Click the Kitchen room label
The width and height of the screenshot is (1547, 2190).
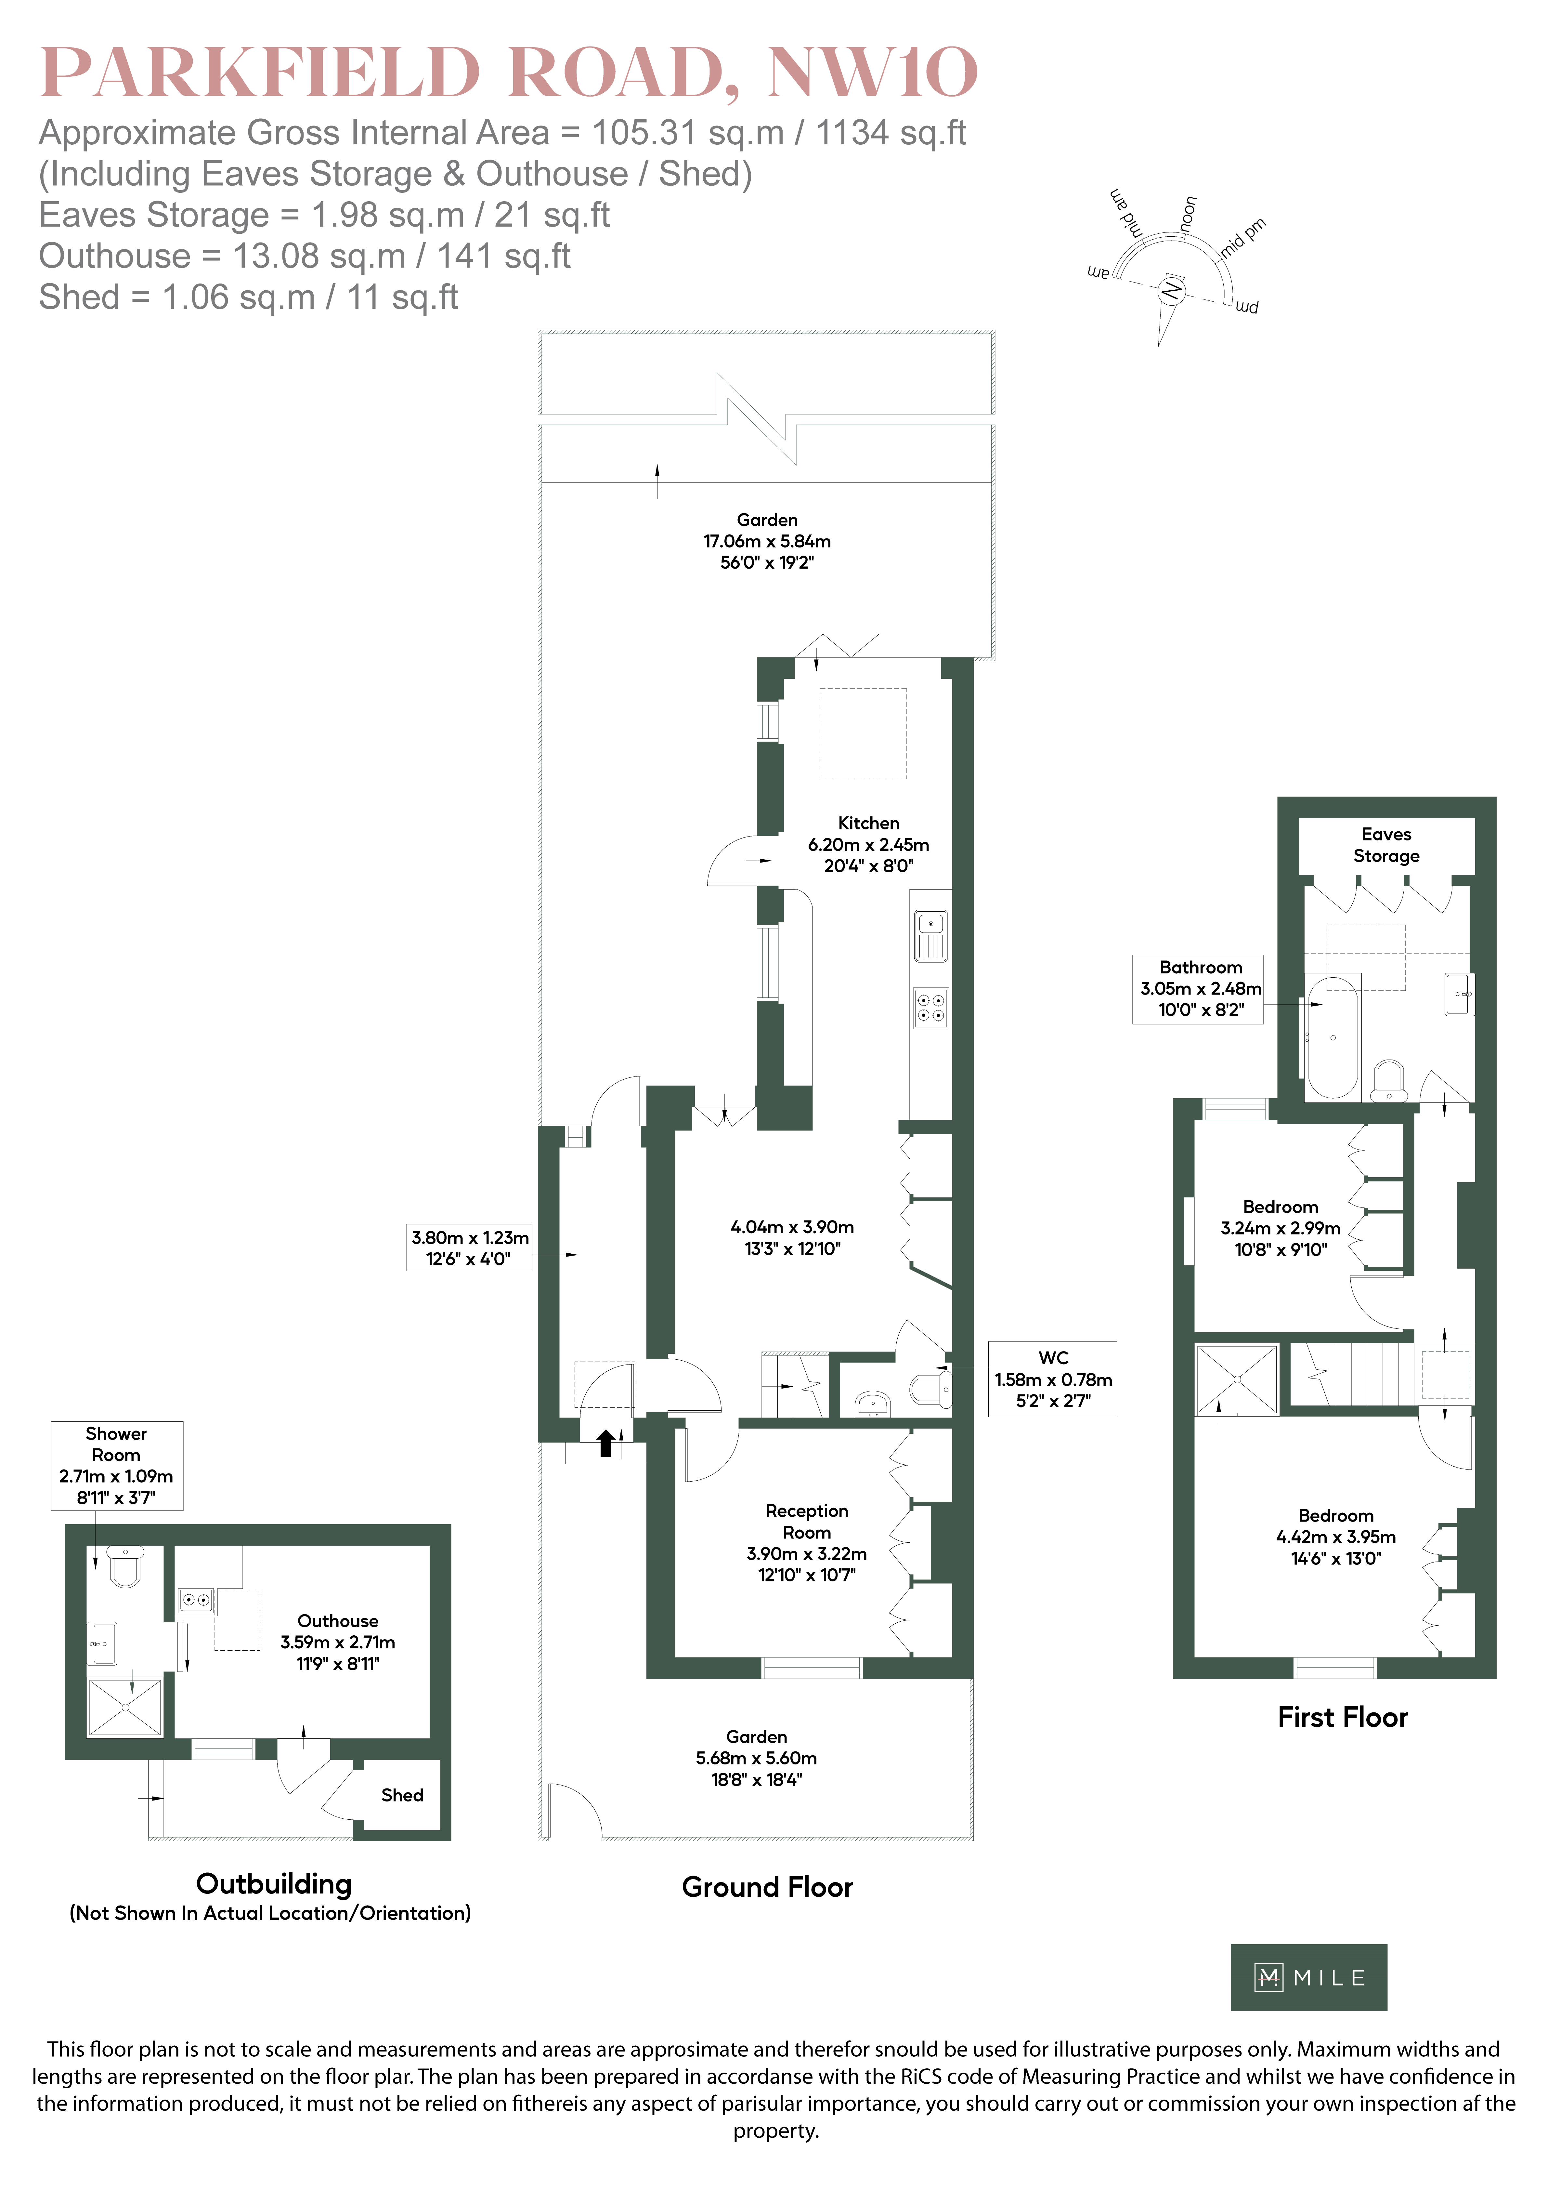pyautogui.click(x=868, y=823)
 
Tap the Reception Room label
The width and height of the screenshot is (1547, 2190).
pyautogui.click(x=807, y=1521)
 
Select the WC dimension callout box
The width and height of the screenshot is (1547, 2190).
pyautogui.click(x=1053, y=1379)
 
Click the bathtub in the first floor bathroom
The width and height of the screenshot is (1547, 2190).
pyautogui.click(x=1332, y=1037)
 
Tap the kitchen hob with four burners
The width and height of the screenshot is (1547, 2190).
pyautogui.click(x=931, y=1007)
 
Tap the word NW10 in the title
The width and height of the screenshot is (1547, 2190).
pyautogui.click(x=873, y=73)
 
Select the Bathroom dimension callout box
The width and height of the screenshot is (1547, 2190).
pyautogui.click(x=1198, y=989)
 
